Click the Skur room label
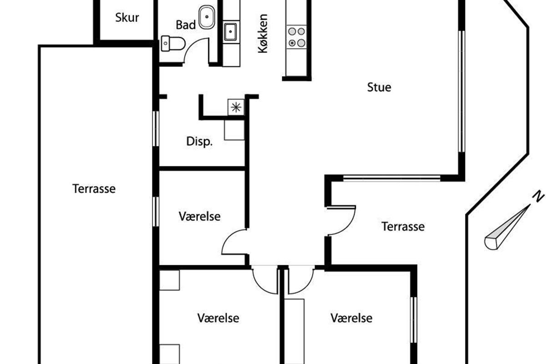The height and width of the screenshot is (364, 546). click(127, 18)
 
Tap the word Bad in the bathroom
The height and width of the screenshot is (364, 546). click(186, 25)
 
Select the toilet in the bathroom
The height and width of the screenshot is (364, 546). click(173, 43)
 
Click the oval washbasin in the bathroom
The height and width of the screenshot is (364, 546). click(207, 17)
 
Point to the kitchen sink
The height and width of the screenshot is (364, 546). click(230, 32)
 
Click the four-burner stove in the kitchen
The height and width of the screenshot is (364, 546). click(297, 37)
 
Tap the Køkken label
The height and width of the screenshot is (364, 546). click(263, 34)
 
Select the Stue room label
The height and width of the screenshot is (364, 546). click(379, 87)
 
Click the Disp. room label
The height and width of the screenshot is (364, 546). click(199, 142)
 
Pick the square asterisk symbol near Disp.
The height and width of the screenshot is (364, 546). click(236, 107)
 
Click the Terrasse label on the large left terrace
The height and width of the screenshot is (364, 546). click(94, 189)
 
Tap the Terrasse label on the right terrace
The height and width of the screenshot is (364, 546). click(403, 227)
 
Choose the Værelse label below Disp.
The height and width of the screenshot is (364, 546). click(199, 217)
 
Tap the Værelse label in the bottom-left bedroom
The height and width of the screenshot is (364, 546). click(218, 318)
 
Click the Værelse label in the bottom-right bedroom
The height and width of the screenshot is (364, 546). click(351, 318)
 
